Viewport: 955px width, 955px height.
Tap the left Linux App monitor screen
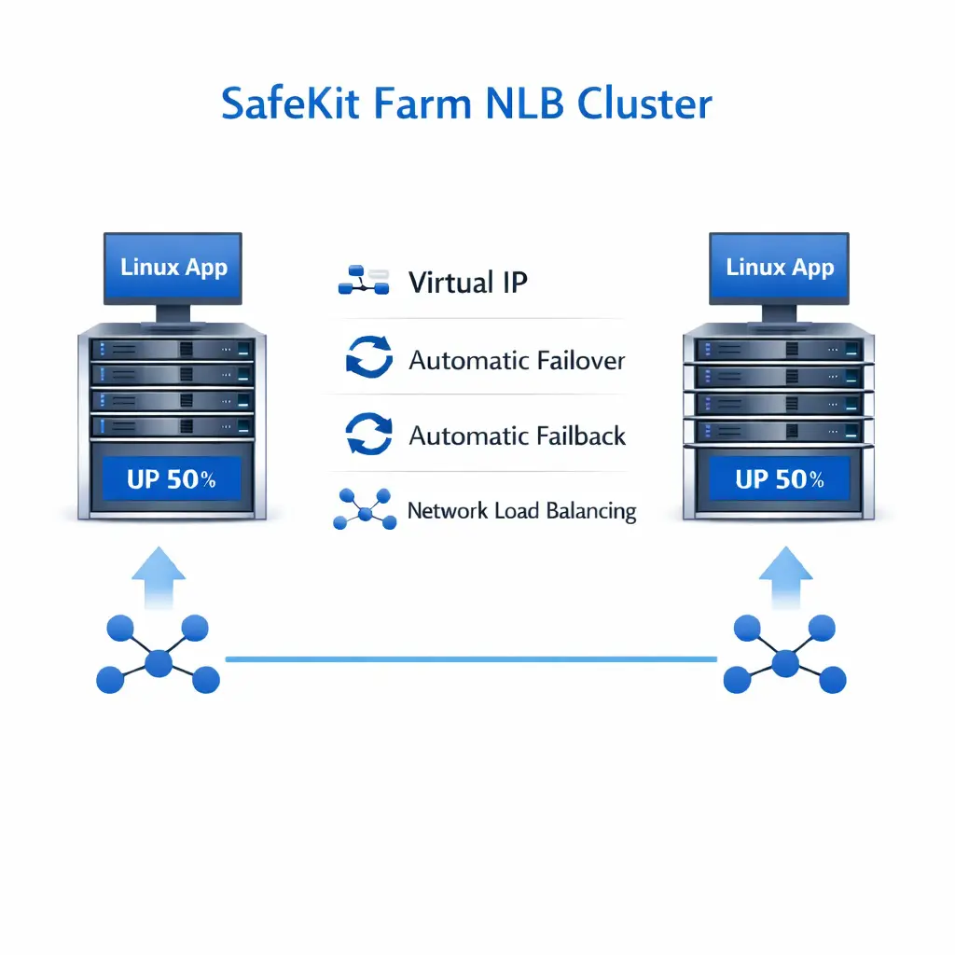coord(173,268)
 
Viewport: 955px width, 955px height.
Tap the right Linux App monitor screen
coord(779,268)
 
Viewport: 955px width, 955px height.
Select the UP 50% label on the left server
coord(172,480)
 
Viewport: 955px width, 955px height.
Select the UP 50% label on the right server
coord(779,480)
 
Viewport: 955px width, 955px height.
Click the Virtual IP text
coord(468,283)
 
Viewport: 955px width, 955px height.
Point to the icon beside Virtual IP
coord(363,281)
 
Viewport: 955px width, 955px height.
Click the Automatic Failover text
coord(517,360)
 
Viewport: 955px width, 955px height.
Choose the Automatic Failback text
coord(518,436)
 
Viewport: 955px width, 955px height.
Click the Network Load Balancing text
coord(521,511)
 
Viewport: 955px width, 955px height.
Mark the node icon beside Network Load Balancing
coord(364,509)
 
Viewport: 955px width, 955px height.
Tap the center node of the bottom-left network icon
coord(159,663)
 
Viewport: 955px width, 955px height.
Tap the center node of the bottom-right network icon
coord(785,663)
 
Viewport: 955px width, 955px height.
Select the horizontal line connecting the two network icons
coord(471,659)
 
